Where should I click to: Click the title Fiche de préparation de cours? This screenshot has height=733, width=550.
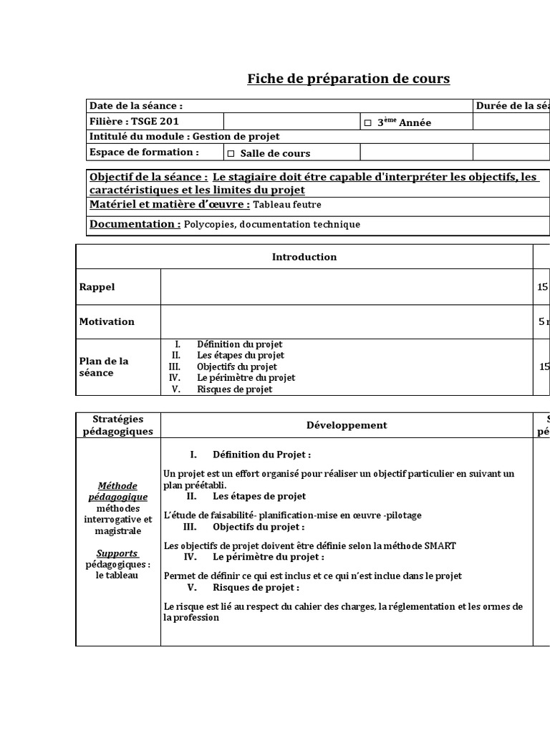click(x=348, y=79)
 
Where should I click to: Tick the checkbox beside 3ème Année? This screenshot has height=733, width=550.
click(x=368, y=123)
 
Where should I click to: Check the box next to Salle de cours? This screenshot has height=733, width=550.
click(x=231, y=153)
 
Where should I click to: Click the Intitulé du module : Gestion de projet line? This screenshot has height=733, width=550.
click(x=184, y=136)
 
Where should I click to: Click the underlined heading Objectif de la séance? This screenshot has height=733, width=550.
click(x=149, y=177)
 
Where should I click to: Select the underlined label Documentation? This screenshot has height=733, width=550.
click(x=135, y=224)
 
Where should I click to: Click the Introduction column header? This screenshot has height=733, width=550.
click(x=304, y=257)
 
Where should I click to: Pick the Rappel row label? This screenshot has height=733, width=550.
click(x=97, y=287)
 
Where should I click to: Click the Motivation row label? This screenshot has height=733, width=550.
click(x=107, y=321)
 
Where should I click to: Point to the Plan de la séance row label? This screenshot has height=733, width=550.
click(x=104, y=366)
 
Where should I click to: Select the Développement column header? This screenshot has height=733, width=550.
click(x=347, y=424)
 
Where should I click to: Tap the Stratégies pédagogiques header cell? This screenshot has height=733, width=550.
click(x=117, y=424)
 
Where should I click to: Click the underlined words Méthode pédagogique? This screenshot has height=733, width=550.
click(x=117, y=491)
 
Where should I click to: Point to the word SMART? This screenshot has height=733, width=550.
click(x=440, y=545)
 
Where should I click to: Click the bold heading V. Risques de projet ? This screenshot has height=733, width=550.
click(x=243, y=587)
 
